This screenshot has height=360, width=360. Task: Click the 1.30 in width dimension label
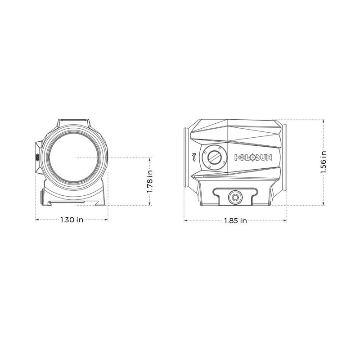pos(72,220)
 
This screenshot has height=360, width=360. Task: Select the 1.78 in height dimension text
pos(150,181)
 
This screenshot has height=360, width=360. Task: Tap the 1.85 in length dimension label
pos(236,220)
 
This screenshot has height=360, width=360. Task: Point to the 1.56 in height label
pos(324,162)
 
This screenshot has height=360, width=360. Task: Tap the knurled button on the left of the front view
pos(37,157)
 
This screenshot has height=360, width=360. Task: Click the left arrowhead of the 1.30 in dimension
pos(37,220)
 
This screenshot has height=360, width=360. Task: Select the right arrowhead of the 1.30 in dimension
pos(108,220)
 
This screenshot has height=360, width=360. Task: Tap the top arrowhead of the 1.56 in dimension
pos(324,121)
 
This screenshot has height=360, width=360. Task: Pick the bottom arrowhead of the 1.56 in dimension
pos(324,204)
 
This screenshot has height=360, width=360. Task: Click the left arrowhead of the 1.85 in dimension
pos(185,220)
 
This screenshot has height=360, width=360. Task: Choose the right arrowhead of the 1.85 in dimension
pos(286,220)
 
